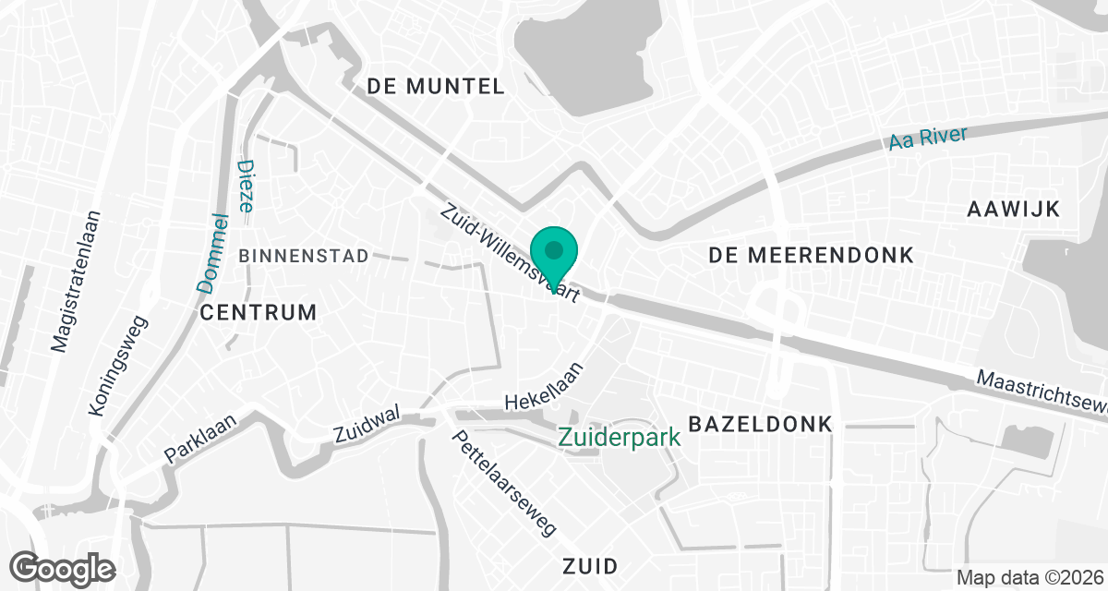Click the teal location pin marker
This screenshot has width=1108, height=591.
554,254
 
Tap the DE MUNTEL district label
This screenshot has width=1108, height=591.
436,87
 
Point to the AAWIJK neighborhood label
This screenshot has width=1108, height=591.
1012,208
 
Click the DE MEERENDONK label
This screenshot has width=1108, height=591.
812,254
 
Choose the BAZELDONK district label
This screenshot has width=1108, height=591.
761,424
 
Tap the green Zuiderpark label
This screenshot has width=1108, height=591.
620,436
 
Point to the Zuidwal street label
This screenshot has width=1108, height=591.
367,426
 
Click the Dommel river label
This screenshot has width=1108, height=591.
213,253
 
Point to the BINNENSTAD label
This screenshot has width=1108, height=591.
304,256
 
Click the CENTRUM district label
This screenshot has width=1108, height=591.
258,312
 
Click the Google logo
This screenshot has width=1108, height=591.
63,567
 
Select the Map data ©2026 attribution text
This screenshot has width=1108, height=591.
1029,578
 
